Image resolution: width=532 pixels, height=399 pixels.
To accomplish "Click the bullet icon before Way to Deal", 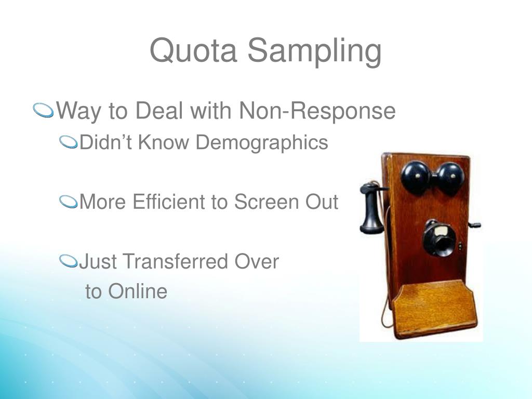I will [44, 111].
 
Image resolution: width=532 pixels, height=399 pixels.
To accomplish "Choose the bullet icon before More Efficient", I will [68, 202].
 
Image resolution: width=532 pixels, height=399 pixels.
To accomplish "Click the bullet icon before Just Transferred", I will [68, 261].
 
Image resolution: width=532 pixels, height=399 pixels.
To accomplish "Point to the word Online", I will [138, 291].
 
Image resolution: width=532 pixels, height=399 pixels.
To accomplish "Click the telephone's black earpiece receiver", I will [371, 208].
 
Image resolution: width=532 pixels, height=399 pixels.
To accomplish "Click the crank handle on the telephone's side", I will [474, 225].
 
